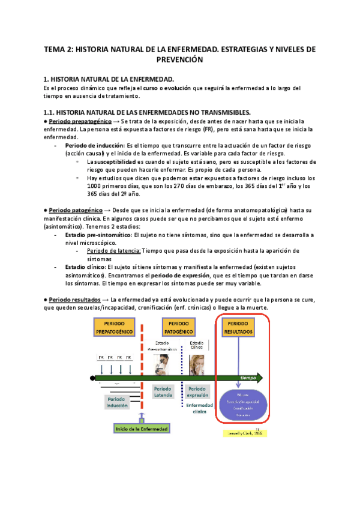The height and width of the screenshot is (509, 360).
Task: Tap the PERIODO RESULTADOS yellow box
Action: point(239,328)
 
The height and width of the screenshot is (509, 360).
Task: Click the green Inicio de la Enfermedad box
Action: point(142,429)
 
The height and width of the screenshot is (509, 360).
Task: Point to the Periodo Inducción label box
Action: point(117,402)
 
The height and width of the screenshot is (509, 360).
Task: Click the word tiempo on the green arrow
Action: point(248,378)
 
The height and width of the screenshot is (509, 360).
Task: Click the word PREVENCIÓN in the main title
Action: point(179,60)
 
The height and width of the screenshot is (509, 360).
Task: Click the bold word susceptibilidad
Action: point(114,162)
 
